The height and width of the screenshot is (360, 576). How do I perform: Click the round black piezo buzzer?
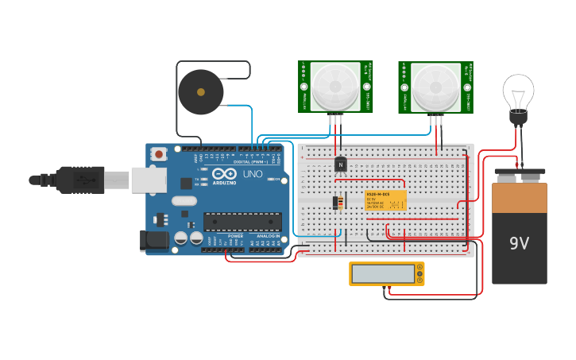click(200, 92)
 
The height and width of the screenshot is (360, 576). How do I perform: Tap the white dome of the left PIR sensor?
click(335, 86)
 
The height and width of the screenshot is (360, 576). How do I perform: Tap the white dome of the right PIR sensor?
click(435, 86)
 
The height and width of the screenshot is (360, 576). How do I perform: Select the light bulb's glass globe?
click(518, 93)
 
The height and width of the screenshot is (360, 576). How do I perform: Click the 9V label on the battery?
click(519, 243)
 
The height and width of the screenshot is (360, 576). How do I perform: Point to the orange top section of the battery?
click(520, 197)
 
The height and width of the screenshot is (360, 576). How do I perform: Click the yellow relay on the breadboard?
click(385, 200)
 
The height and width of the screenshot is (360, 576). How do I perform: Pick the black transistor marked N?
click(341, 164)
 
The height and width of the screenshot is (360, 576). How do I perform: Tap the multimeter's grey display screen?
click(383, 273)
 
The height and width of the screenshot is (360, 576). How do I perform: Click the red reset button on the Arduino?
click(159, 153)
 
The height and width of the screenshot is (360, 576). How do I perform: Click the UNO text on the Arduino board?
click(253, 174)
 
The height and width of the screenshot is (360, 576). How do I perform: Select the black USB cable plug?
click(79, 180)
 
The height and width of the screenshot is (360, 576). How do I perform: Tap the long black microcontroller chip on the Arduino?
click(242, 221)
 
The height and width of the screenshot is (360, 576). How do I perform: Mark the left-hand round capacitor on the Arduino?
click(181, 238)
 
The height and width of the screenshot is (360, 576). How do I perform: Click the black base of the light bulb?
click(518, 118)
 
